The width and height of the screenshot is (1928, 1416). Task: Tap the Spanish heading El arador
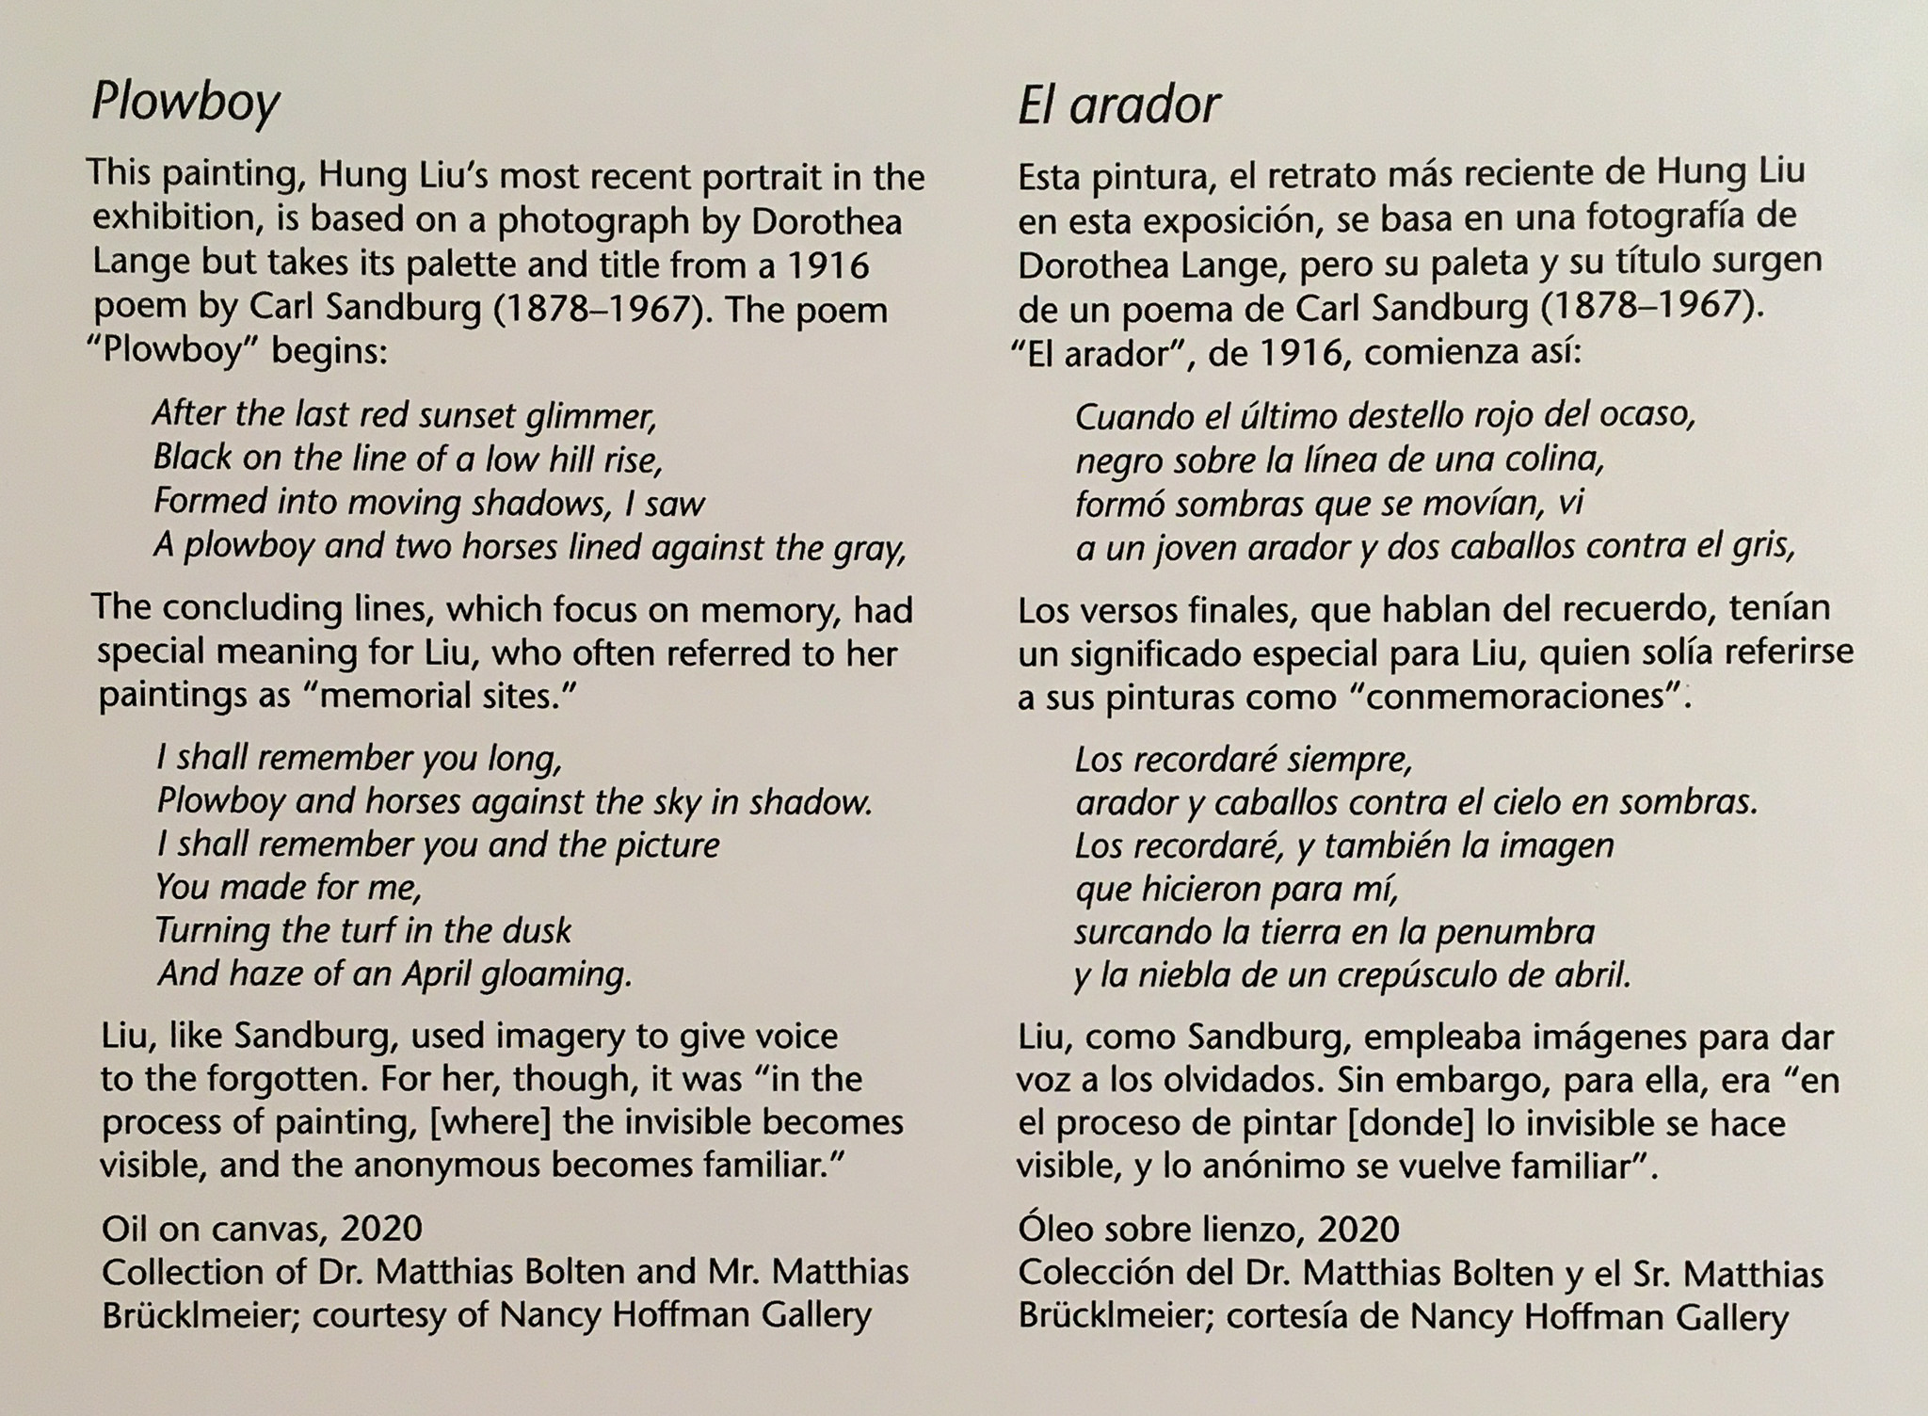tap(1118, 105)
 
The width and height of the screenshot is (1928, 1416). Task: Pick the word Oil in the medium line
tap(125, 1229)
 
